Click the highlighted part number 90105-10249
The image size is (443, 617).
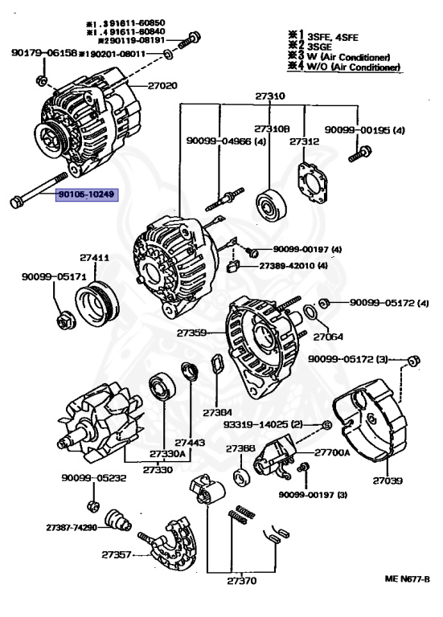[86, 194]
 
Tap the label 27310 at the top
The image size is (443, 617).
[270, 96]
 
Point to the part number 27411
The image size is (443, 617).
[94, 258]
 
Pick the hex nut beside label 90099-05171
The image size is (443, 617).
[65, 322]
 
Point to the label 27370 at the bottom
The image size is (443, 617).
[240, 579]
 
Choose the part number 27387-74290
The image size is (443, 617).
[71, 528]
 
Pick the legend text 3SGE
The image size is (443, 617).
[314, 47]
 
